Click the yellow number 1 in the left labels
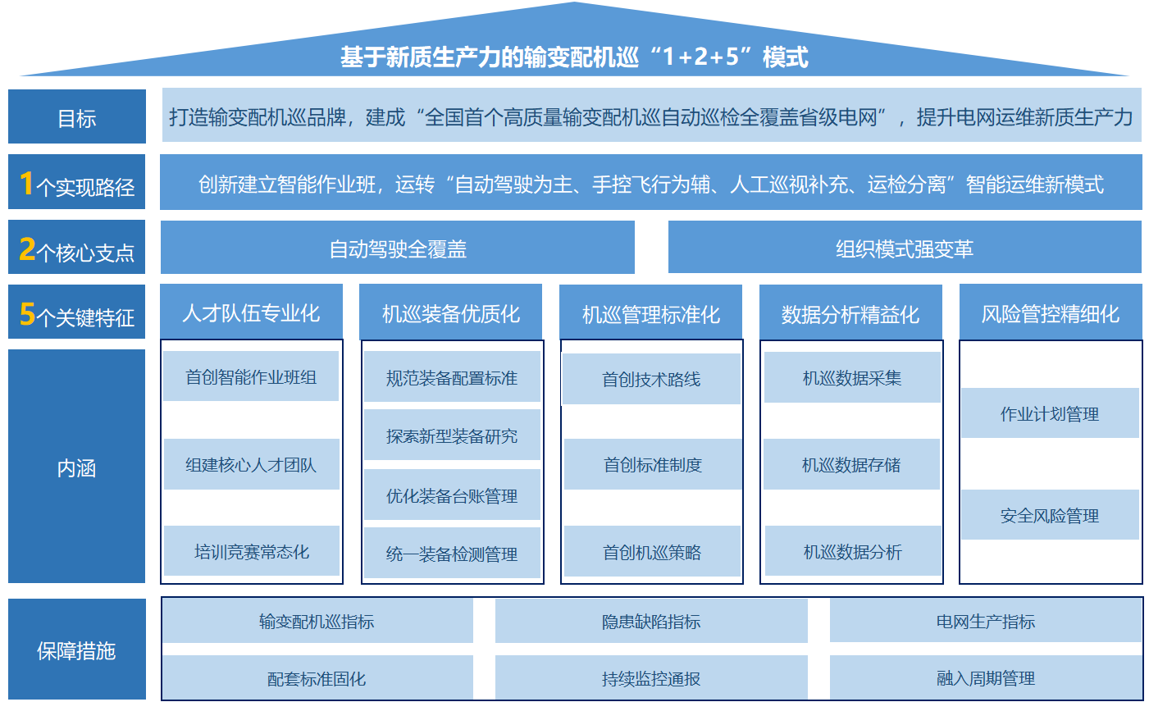27,183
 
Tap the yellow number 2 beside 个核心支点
27,249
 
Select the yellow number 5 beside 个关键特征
27,314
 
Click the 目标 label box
77,116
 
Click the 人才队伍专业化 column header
251,312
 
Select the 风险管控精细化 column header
1051,312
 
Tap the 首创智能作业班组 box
251,376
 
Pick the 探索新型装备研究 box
452,435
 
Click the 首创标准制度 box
653,464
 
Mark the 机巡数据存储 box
851,464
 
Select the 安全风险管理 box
1050,514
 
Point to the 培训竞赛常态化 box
251,551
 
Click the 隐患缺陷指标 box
651,621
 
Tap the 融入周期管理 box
985,677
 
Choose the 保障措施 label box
77,650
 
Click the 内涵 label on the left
77,467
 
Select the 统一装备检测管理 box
452,553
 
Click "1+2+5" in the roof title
700,56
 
